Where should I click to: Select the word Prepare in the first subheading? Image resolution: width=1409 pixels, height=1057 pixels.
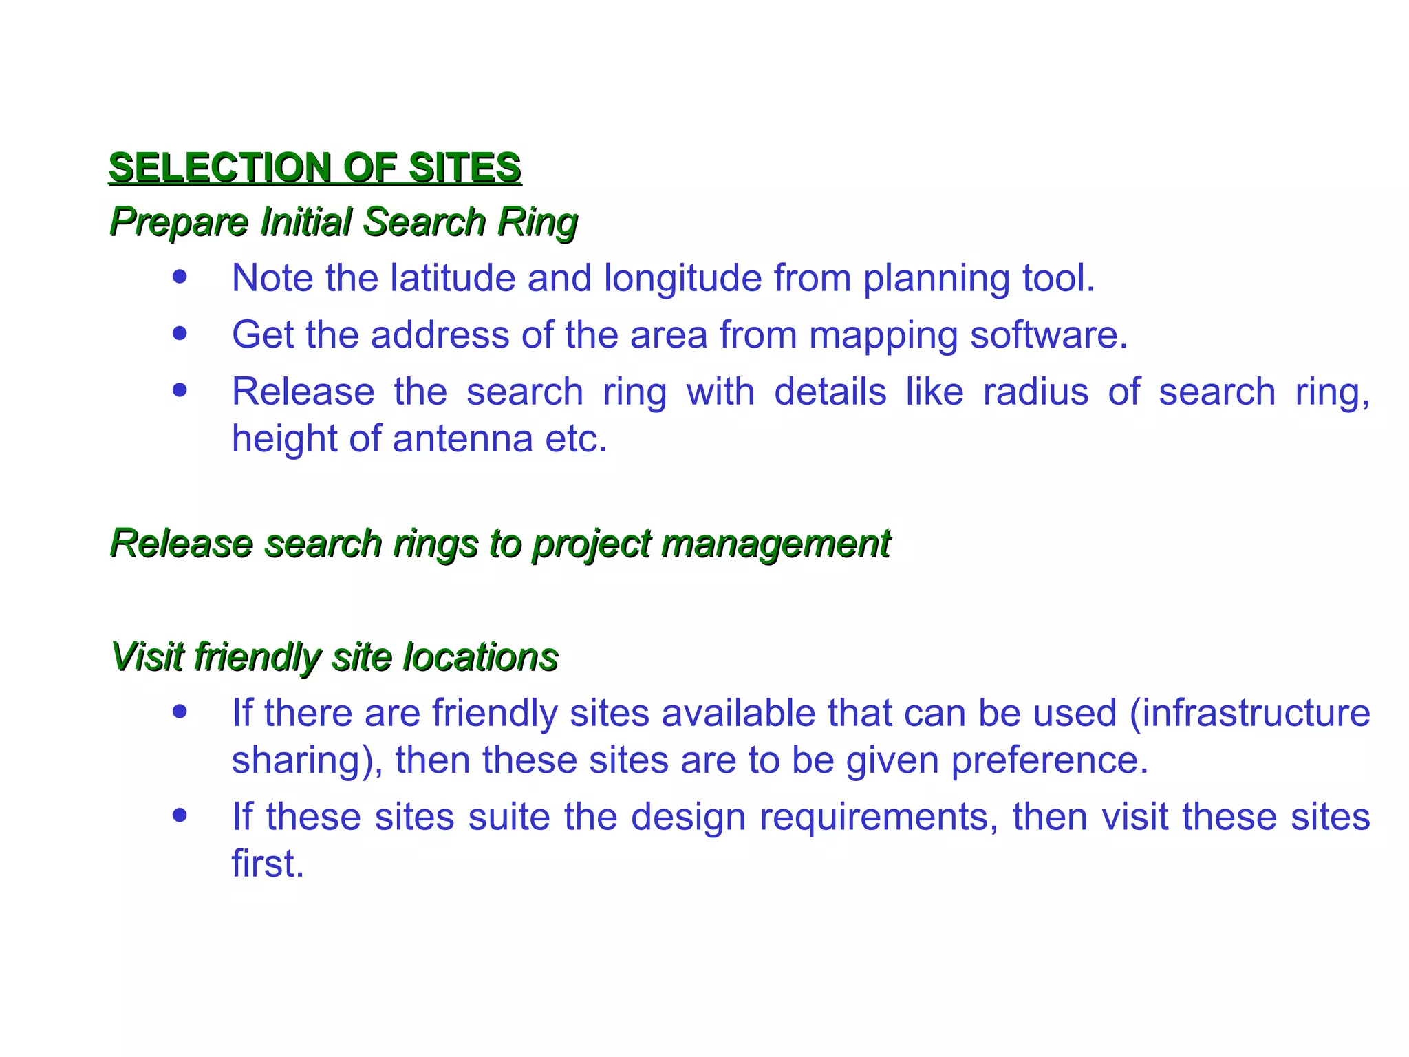[179, 222]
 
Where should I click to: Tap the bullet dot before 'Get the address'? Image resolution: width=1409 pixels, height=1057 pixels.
[180, 334]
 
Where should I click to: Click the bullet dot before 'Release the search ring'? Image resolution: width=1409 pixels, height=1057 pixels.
[180, 390]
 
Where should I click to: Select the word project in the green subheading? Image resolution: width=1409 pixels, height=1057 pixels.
[591, 544]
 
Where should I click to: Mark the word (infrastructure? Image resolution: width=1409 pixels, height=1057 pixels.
[1249, 713]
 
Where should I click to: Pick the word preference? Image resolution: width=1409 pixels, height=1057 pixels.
[1049, 760]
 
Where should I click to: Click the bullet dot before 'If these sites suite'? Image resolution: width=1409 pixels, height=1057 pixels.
[180, 815]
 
